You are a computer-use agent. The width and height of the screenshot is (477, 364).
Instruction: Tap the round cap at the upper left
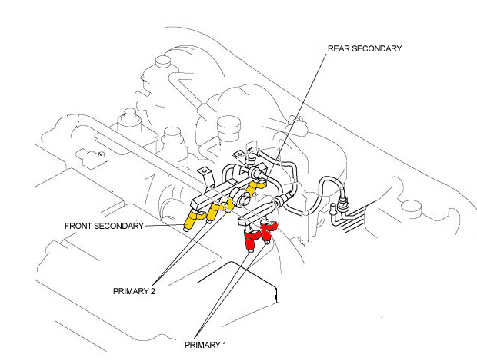[162, 61]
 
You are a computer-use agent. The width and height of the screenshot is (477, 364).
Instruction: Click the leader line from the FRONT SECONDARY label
[165, 225]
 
